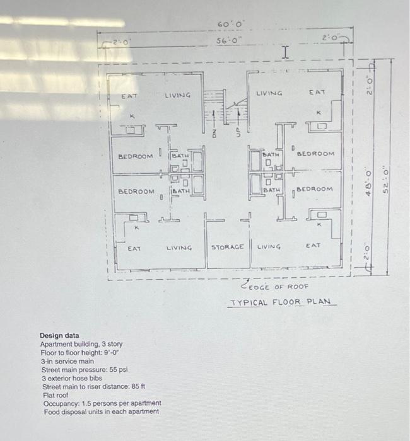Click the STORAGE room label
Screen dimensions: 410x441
(227, 248)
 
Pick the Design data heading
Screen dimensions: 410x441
(59, 336)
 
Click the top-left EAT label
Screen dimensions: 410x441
(129, 96)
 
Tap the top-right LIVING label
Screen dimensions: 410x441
(269, 93)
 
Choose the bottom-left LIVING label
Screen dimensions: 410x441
(179, 248)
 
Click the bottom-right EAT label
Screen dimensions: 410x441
(313, 245)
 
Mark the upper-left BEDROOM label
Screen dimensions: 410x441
(135, 155)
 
